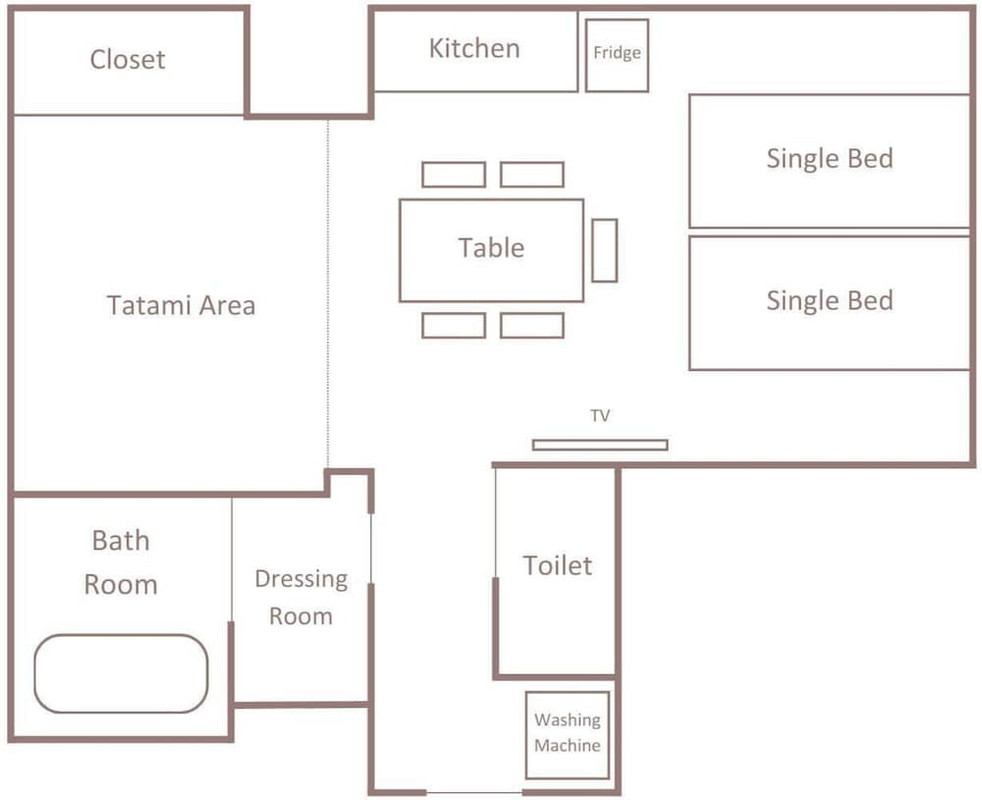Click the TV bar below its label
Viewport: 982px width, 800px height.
pyautogui.click(x=600, y=445)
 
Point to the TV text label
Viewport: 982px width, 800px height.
pyautogui.click(x=600, y=415)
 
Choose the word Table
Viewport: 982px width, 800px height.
pyautogui.click(x=491, y=247)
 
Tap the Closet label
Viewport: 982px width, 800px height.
pyautogui.click(x=128, y=60)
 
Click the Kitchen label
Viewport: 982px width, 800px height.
pyautogui.click(x=475, y=48)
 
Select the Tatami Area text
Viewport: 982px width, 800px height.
pyautogui.click(x=181, y=305)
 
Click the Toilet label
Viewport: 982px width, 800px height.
pyautogui.click(x=557, y=565)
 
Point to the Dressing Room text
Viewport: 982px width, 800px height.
pyautogui.click(x=301, y=597)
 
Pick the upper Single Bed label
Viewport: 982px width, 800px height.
pyautogui.click(x=830, y=158)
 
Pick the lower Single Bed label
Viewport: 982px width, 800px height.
pyautogui.click(x=830, y=300)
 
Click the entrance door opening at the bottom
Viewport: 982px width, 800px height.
pyautogui.click(x=474, y=792)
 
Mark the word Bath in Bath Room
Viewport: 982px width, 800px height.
pyautogui.click(x=121, y=540)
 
